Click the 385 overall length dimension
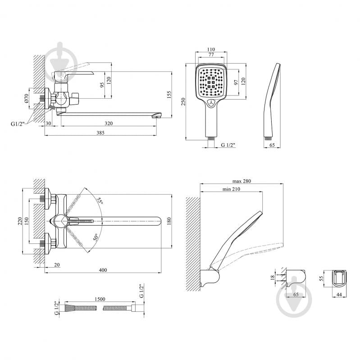point(100,132)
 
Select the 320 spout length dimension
point(109,123)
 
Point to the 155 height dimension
point(169,94)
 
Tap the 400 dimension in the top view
point(103,270)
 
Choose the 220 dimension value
point(20,221)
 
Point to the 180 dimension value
point(169,221)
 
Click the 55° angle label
point(100,201)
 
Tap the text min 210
point(230,189)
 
